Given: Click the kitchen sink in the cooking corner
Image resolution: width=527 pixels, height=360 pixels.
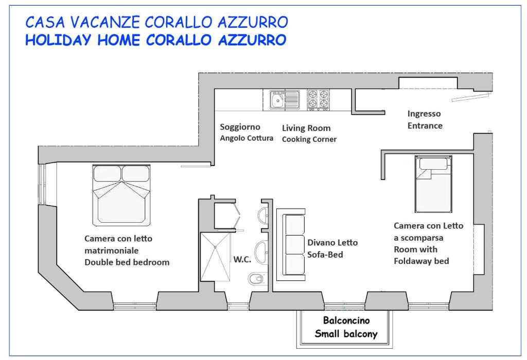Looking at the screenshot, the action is coord(285,100).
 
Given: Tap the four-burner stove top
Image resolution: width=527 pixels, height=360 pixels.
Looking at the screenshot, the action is coord(318,100).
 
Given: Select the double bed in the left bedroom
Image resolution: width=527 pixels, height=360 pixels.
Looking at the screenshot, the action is coord(121,195).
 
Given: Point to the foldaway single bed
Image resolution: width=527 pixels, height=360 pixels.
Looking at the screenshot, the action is coord(433,184).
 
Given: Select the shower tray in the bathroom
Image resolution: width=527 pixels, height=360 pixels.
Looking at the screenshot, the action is coord(216,257).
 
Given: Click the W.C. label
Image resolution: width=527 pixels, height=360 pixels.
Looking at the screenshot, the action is coord(242,259).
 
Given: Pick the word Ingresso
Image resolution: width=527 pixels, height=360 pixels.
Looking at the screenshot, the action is coord(424,114).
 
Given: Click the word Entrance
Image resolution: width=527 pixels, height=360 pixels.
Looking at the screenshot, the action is coord(425,125).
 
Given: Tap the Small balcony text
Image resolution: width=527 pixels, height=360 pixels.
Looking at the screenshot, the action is coord(346,334).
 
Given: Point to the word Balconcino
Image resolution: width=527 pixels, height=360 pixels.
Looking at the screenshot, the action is coord(346,320).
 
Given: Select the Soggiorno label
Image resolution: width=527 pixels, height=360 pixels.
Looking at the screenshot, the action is coord(240,127).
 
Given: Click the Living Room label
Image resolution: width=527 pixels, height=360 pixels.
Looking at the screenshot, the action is coord(306,128).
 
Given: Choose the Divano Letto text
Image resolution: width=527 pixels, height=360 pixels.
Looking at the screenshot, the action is coord(332,242).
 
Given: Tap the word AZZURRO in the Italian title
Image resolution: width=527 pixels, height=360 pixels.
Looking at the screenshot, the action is coord(253,23).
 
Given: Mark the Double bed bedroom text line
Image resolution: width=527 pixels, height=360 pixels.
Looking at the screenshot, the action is coord(127,262).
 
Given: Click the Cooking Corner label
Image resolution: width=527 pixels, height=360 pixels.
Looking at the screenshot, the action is coord(309,139).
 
